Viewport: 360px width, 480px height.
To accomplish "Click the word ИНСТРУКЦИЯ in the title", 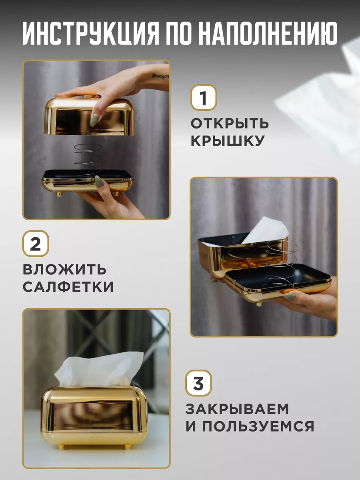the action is (91, 34).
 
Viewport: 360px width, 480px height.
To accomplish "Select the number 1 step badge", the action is (204, 98).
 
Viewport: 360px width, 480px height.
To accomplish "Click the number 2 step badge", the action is (36, 243).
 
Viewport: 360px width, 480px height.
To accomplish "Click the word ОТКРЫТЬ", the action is (230, 123).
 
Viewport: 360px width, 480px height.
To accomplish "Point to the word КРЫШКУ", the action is (228, 141).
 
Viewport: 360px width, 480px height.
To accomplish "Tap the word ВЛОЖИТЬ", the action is (64, 270).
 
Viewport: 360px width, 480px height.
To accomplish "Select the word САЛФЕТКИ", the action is (68, 287).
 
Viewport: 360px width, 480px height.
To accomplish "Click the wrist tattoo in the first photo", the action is (160, 76).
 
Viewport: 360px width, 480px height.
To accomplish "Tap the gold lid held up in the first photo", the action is (89, 116).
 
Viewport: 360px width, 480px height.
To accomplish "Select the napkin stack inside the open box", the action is (266, 230).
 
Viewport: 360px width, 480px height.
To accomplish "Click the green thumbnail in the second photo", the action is (290, 297).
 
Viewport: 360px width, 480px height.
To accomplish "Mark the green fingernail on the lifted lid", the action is (95, 120).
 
